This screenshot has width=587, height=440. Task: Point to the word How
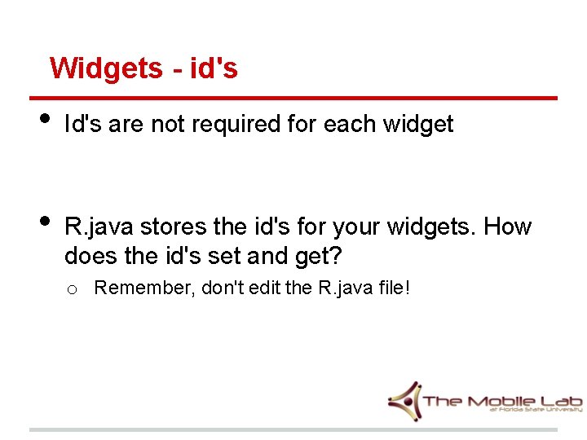coord(508,227)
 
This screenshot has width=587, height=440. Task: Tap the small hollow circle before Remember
coord(72,289)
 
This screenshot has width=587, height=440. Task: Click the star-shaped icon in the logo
coord(404,400)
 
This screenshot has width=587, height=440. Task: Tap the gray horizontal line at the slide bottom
coord(293,429)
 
